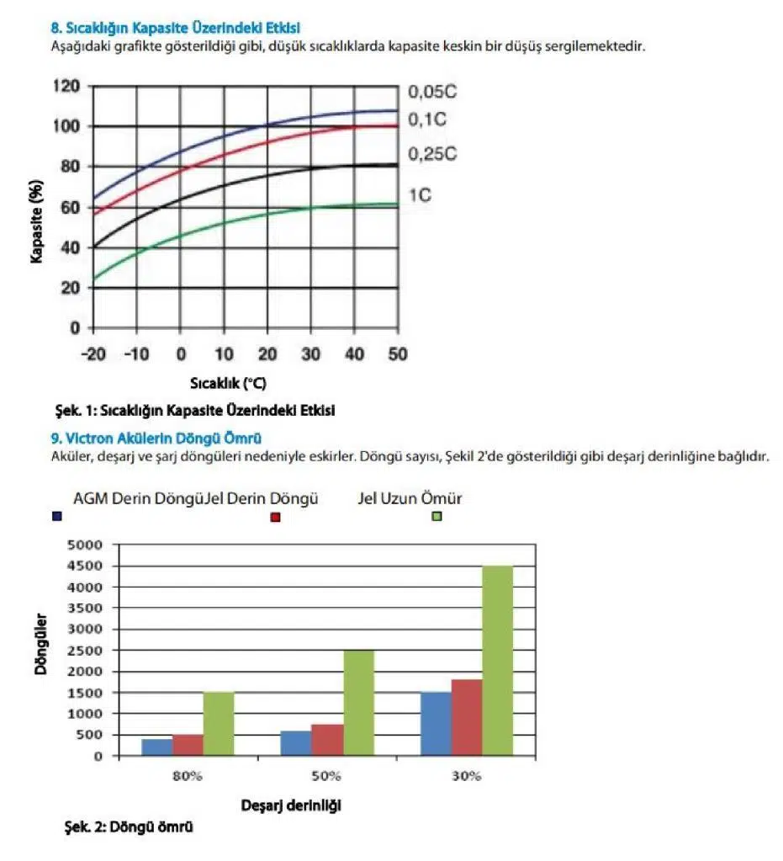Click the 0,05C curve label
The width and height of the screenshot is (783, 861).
[x=437, y=91]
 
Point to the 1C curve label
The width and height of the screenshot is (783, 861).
[x=421, y=195]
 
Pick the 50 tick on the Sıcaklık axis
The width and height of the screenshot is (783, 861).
[x=398, y=353]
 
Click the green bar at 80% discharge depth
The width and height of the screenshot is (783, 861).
[x=219, y=724]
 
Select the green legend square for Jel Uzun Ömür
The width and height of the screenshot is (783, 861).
[x=436, y=516]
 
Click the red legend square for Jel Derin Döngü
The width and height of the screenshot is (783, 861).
[x=275, y=516]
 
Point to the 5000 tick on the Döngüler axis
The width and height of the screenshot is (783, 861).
[x=85, y=545]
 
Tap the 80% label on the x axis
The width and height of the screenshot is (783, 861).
[x=188, y=775]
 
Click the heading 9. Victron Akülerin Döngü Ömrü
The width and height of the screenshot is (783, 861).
[x=156, y=438]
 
